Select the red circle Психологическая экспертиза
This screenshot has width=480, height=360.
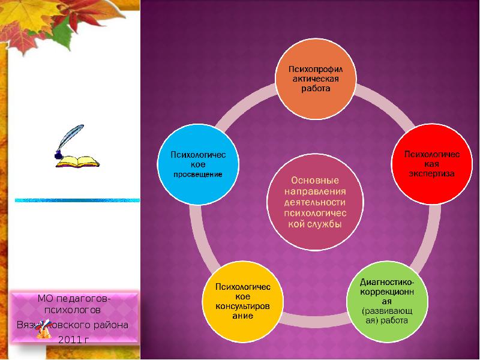(x=431, y=164)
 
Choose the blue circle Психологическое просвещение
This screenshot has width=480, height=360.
(x=198, y=164)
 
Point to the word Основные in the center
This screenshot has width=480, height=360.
(x=315, y=180)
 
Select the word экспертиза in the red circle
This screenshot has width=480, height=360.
(x=431, y=173)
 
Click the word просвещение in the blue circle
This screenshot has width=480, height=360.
(x=198, y=174)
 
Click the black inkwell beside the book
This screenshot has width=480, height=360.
(x=58, y=156)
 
